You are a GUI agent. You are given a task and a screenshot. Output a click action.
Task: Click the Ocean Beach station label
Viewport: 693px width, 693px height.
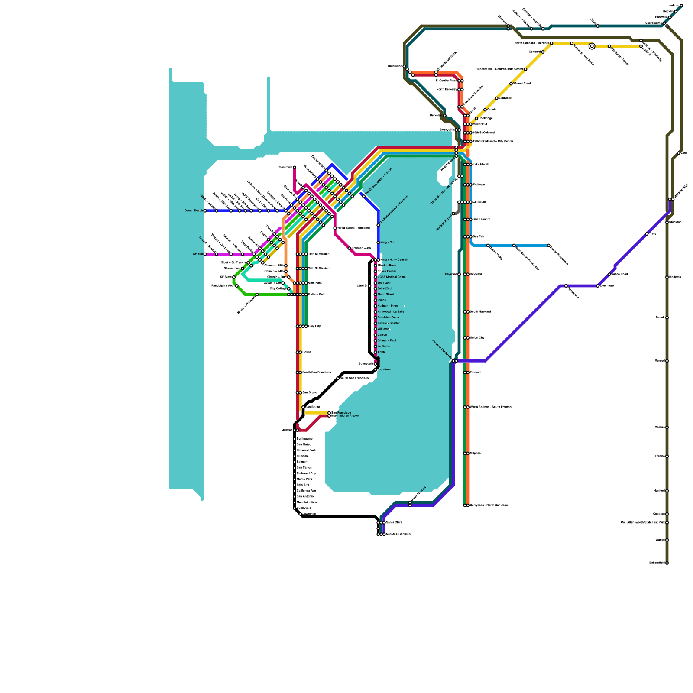tap(194, 211)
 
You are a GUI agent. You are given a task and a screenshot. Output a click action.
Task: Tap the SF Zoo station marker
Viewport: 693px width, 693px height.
tap(205, 254)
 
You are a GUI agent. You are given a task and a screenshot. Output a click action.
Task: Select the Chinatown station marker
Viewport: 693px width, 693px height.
tap(295, 168)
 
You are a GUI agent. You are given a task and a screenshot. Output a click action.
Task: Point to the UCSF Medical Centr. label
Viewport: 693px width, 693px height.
tap(392, 277)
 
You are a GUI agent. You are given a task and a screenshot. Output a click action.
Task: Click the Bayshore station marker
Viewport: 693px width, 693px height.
tap(376, 369)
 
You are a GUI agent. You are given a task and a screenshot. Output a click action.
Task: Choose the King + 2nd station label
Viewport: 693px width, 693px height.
tap(388, 243)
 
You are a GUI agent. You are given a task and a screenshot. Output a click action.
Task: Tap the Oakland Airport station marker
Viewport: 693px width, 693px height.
tap(453, 214)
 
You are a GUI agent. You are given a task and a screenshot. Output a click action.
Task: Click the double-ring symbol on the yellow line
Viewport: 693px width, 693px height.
tap(592, 46)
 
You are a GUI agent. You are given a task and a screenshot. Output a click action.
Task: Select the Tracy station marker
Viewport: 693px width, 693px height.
tap(647, 234)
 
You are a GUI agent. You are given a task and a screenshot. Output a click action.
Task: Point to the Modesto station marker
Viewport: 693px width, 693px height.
tap(667, 277)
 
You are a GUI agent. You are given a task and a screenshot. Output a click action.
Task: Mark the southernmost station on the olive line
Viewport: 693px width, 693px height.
tap(667, 563)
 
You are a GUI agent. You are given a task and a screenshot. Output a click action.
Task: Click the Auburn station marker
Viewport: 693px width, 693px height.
tap(681, 6)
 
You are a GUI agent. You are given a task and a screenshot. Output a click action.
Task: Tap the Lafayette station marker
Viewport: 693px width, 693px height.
tap(497, 98)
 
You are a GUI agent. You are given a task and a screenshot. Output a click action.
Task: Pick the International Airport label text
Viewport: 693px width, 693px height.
tap(345, 416)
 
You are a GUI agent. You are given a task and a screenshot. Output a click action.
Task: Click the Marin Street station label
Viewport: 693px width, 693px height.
tap(385, 295)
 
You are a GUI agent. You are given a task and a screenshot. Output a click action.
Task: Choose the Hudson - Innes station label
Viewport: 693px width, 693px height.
tap(388, 306)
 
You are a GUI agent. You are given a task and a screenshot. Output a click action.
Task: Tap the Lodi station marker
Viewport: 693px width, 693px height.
tap(679, 153)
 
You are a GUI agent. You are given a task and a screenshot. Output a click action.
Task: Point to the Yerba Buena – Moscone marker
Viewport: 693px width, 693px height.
tap(335, 228)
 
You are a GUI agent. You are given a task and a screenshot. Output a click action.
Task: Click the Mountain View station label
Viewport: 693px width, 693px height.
tap(307, 502)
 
